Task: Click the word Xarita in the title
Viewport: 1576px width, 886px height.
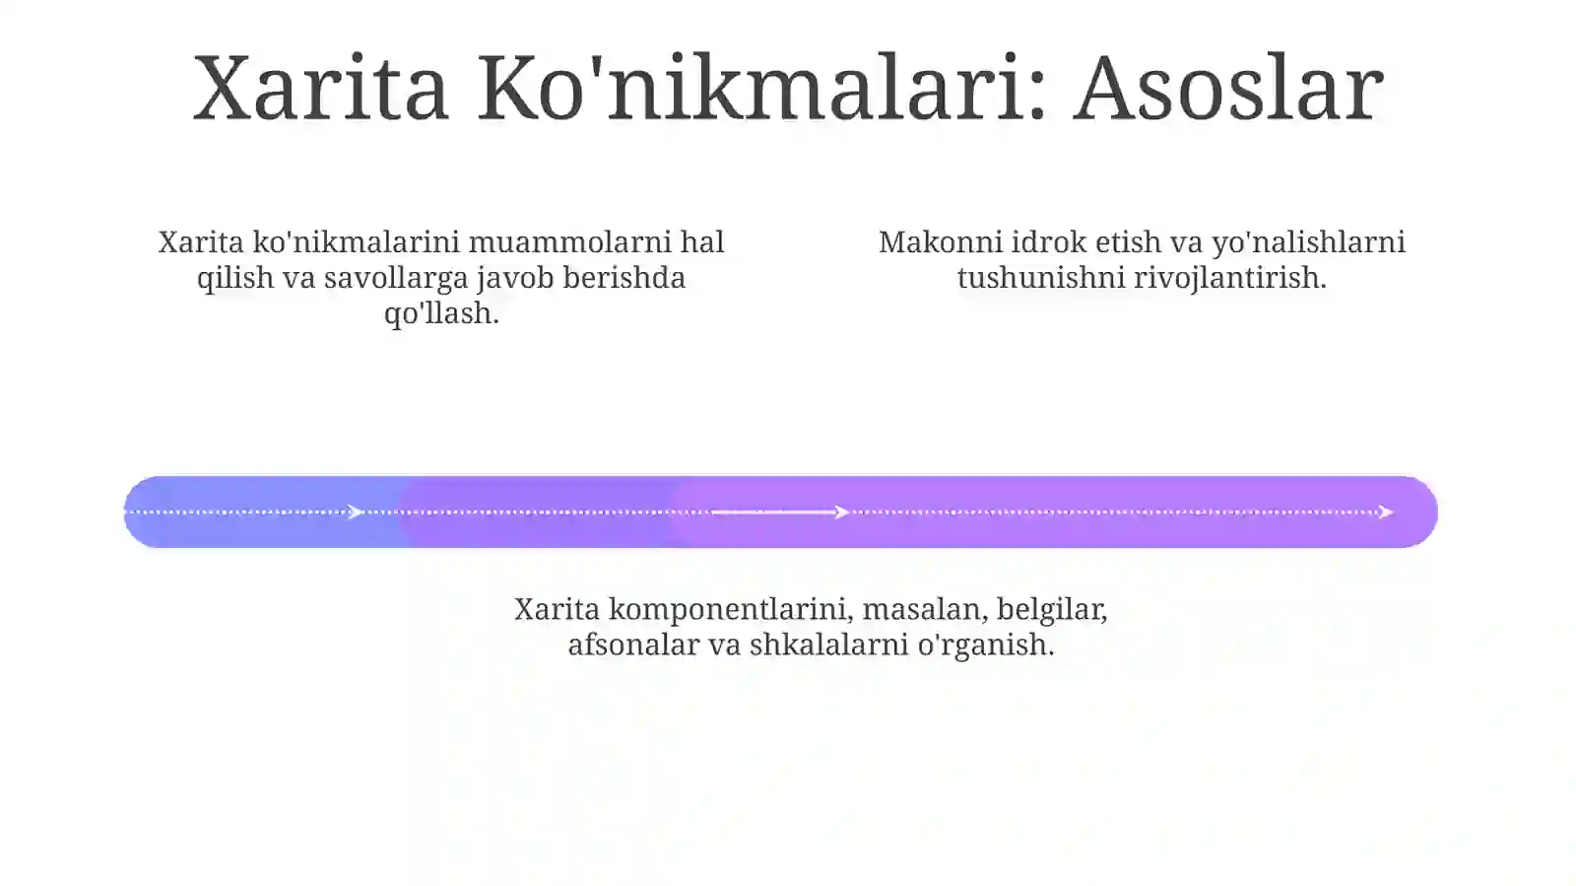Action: pos(321,89)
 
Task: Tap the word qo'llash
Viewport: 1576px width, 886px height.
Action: pos(441,313)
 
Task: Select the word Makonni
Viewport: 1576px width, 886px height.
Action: pos(940,242)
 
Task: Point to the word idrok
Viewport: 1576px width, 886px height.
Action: pos(1049,242)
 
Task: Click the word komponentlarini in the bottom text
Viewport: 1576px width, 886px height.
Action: pos(730,609)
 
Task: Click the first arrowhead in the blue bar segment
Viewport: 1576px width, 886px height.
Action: pos(356,511)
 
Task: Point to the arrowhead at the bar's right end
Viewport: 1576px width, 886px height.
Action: pos(1385,511)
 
